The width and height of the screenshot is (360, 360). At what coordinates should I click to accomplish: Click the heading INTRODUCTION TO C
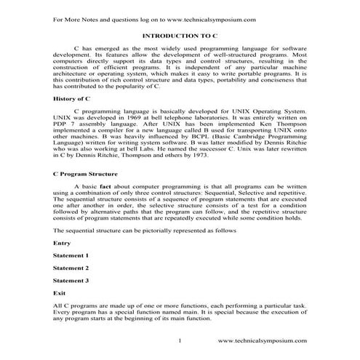point(180,35)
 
